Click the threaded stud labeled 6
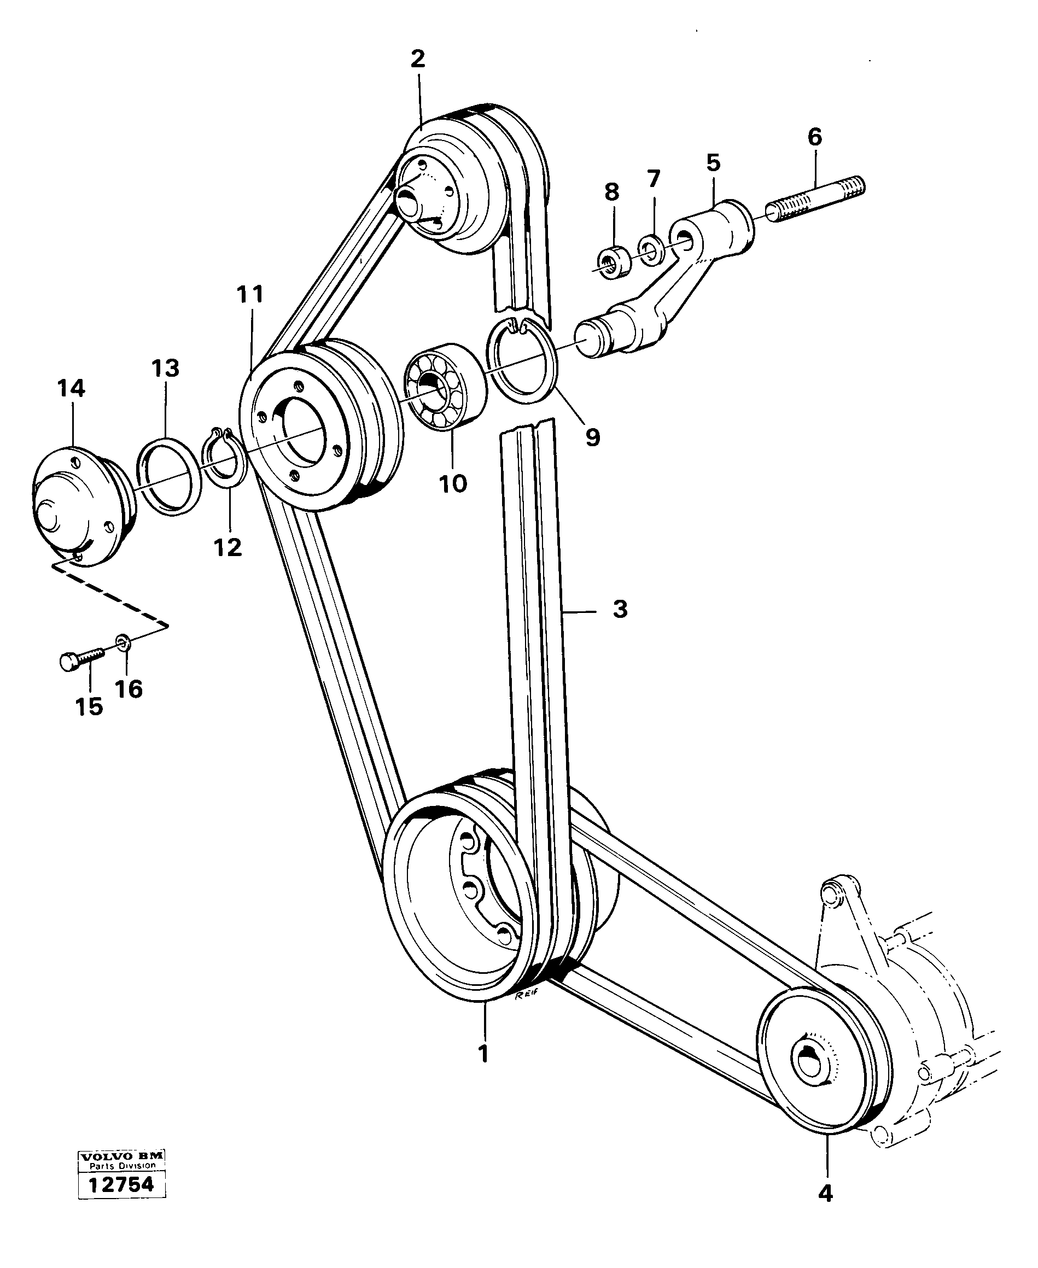[816, 200]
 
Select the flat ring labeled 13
[168, 475]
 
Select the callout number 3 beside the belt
[620, 609]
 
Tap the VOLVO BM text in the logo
[121, 1156]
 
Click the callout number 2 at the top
[417, 59]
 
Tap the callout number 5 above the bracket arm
[713, 162]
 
